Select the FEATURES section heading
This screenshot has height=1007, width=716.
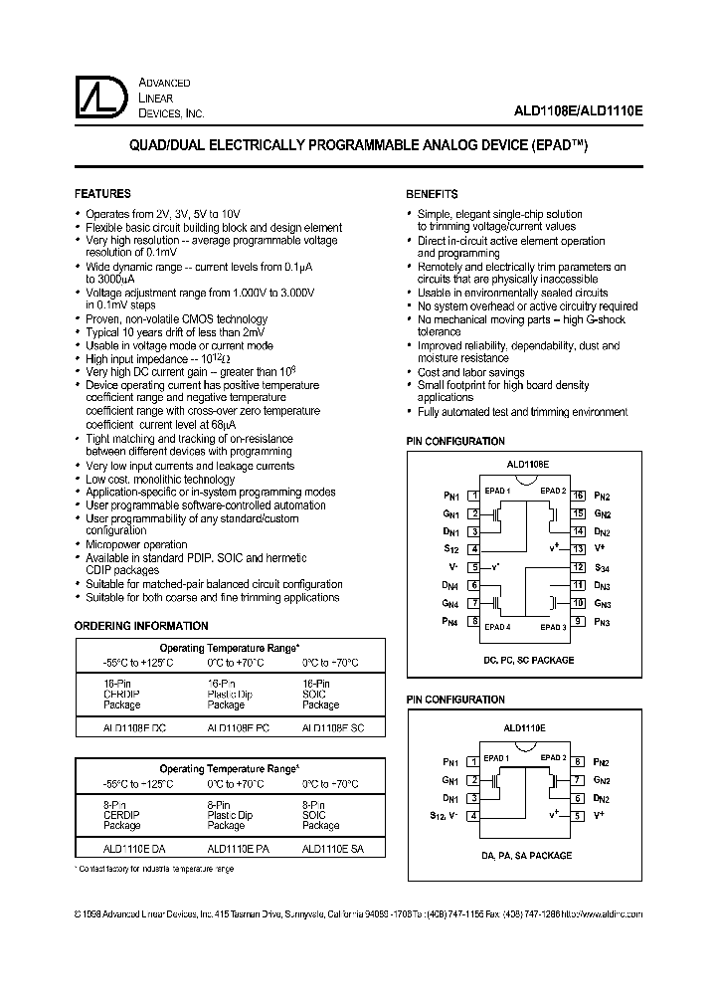click(102, 194)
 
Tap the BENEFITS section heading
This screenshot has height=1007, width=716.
click(432, 194)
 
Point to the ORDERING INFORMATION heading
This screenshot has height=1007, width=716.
click(142, 626)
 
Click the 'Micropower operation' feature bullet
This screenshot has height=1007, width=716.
click(136, 544)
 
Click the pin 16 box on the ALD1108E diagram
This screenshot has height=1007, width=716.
click(577, 495)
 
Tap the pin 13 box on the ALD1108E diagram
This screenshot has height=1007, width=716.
click(577, 548)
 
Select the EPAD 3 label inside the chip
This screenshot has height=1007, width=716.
click(553, 627)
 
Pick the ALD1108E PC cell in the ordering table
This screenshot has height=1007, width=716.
click(238, 728)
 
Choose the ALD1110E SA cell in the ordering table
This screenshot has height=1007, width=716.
click(332, 849)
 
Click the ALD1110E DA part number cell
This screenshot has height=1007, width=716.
click(135, 849)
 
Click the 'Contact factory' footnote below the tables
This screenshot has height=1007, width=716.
click(155, 870)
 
